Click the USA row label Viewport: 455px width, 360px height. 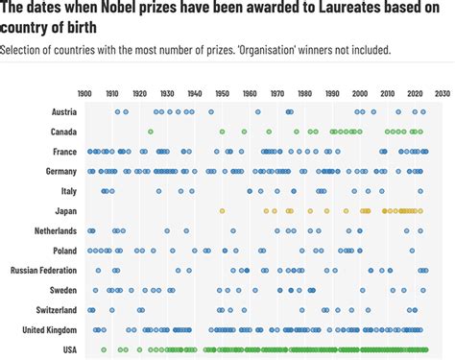click(68, 349)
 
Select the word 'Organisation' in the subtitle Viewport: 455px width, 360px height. click(274, 48)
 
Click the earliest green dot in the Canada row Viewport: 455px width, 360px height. click(151, 132)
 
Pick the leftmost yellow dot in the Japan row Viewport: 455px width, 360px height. click(222, 210)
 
